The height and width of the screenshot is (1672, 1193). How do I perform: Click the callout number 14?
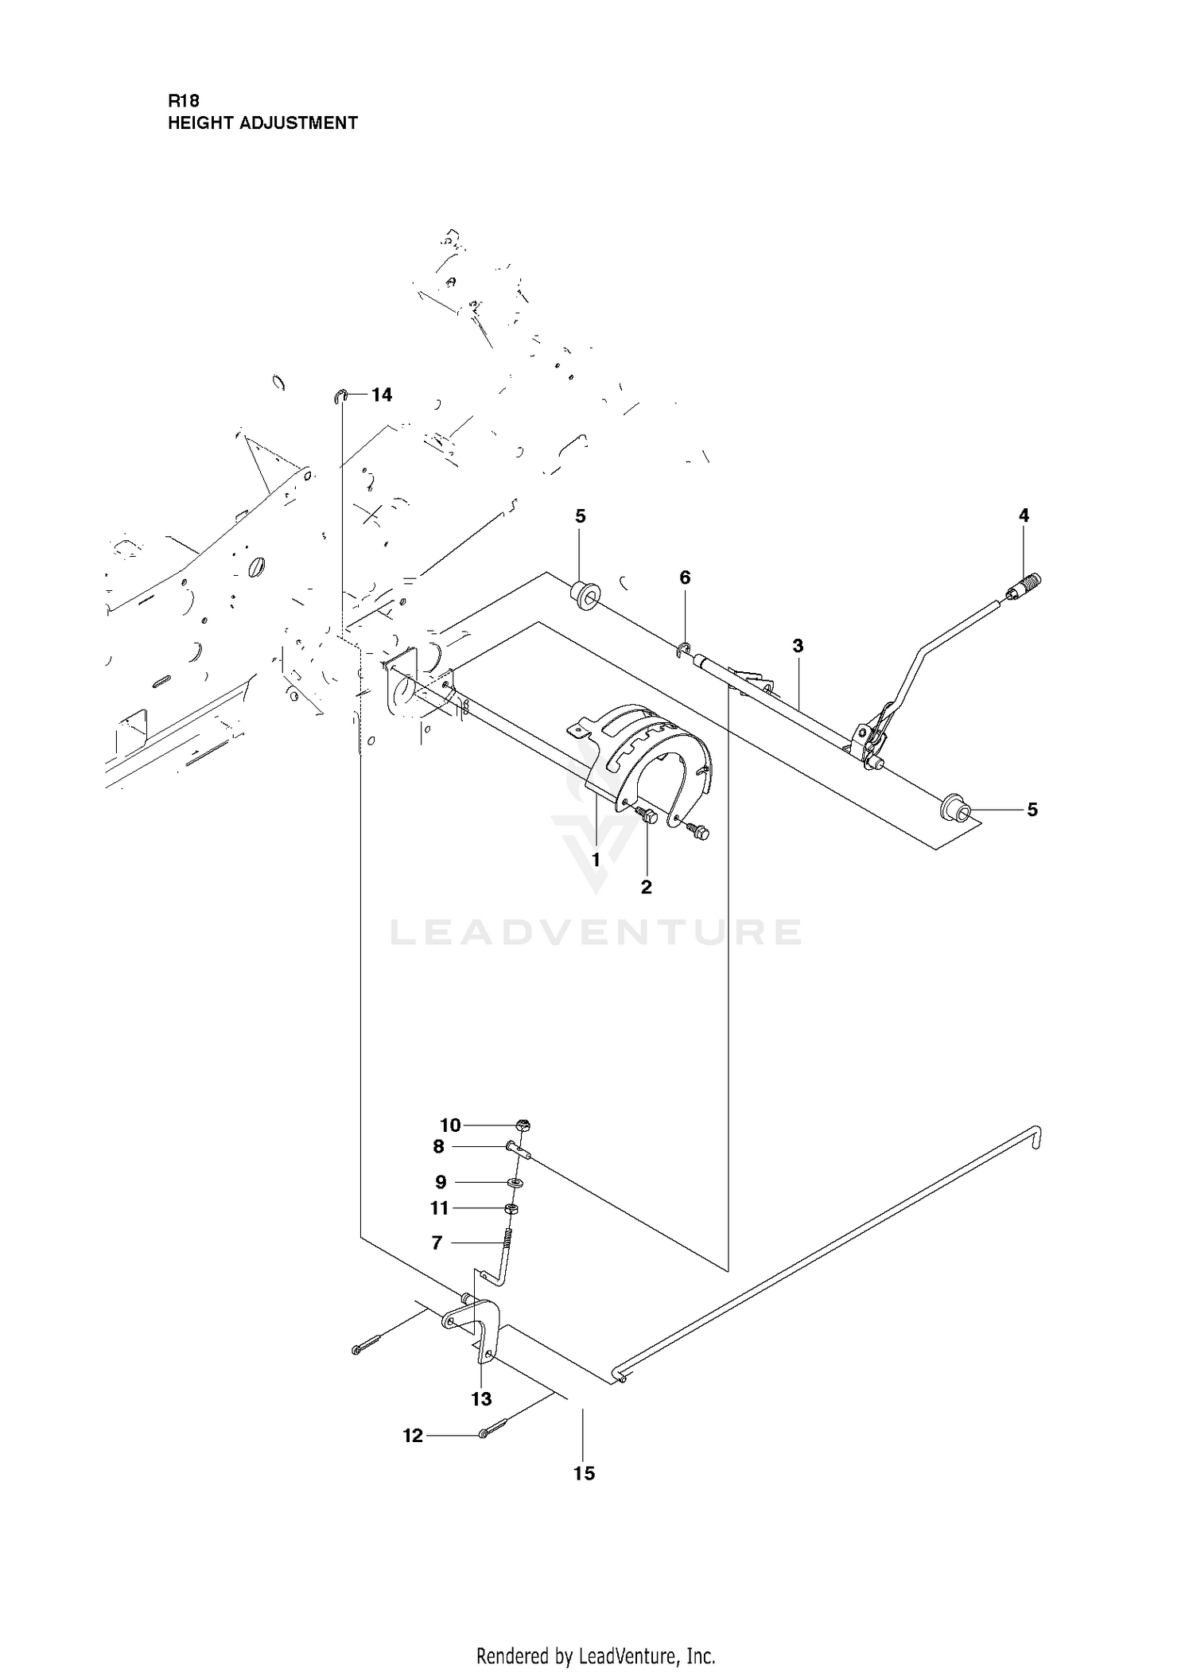pos(382,395)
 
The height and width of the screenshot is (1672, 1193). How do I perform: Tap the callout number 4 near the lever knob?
pos(1024,515)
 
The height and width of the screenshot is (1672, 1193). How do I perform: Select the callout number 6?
pos(685,577)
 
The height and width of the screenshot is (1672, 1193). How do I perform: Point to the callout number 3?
pos(799,646)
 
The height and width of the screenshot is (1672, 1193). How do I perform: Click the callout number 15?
pos(584,1473)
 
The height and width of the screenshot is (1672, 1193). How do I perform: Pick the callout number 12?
pos(413,1436)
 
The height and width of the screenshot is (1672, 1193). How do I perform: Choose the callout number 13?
pos(481,1398)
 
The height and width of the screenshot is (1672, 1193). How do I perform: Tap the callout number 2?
pos(646,887)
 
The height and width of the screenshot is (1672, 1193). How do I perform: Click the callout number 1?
pos(596,860)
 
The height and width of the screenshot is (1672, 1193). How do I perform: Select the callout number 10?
pos(450,1125)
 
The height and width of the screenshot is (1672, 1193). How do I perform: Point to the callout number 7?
pos(437,1242)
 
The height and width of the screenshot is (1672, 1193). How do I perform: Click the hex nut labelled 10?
pos(523,1125)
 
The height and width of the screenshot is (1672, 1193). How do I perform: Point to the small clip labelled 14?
pos(340,396)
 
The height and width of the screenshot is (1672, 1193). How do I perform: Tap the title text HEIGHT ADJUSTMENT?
pos(262,123)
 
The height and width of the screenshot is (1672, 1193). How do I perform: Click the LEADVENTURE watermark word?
pos(595,932)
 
